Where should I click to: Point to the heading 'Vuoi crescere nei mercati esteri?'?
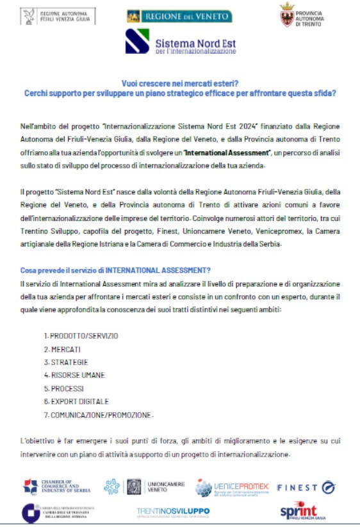(180, 83)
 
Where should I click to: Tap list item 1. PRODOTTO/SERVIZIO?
(81, 336)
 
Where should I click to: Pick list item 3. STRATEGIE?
(66, 362)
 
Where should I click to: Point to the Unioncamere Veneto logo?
(140, 486)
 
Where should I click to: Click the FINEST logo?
(306, 487)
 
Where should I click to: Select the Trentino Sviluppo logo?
(173, 512)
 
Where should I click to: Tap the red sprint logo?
(299, 511)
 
